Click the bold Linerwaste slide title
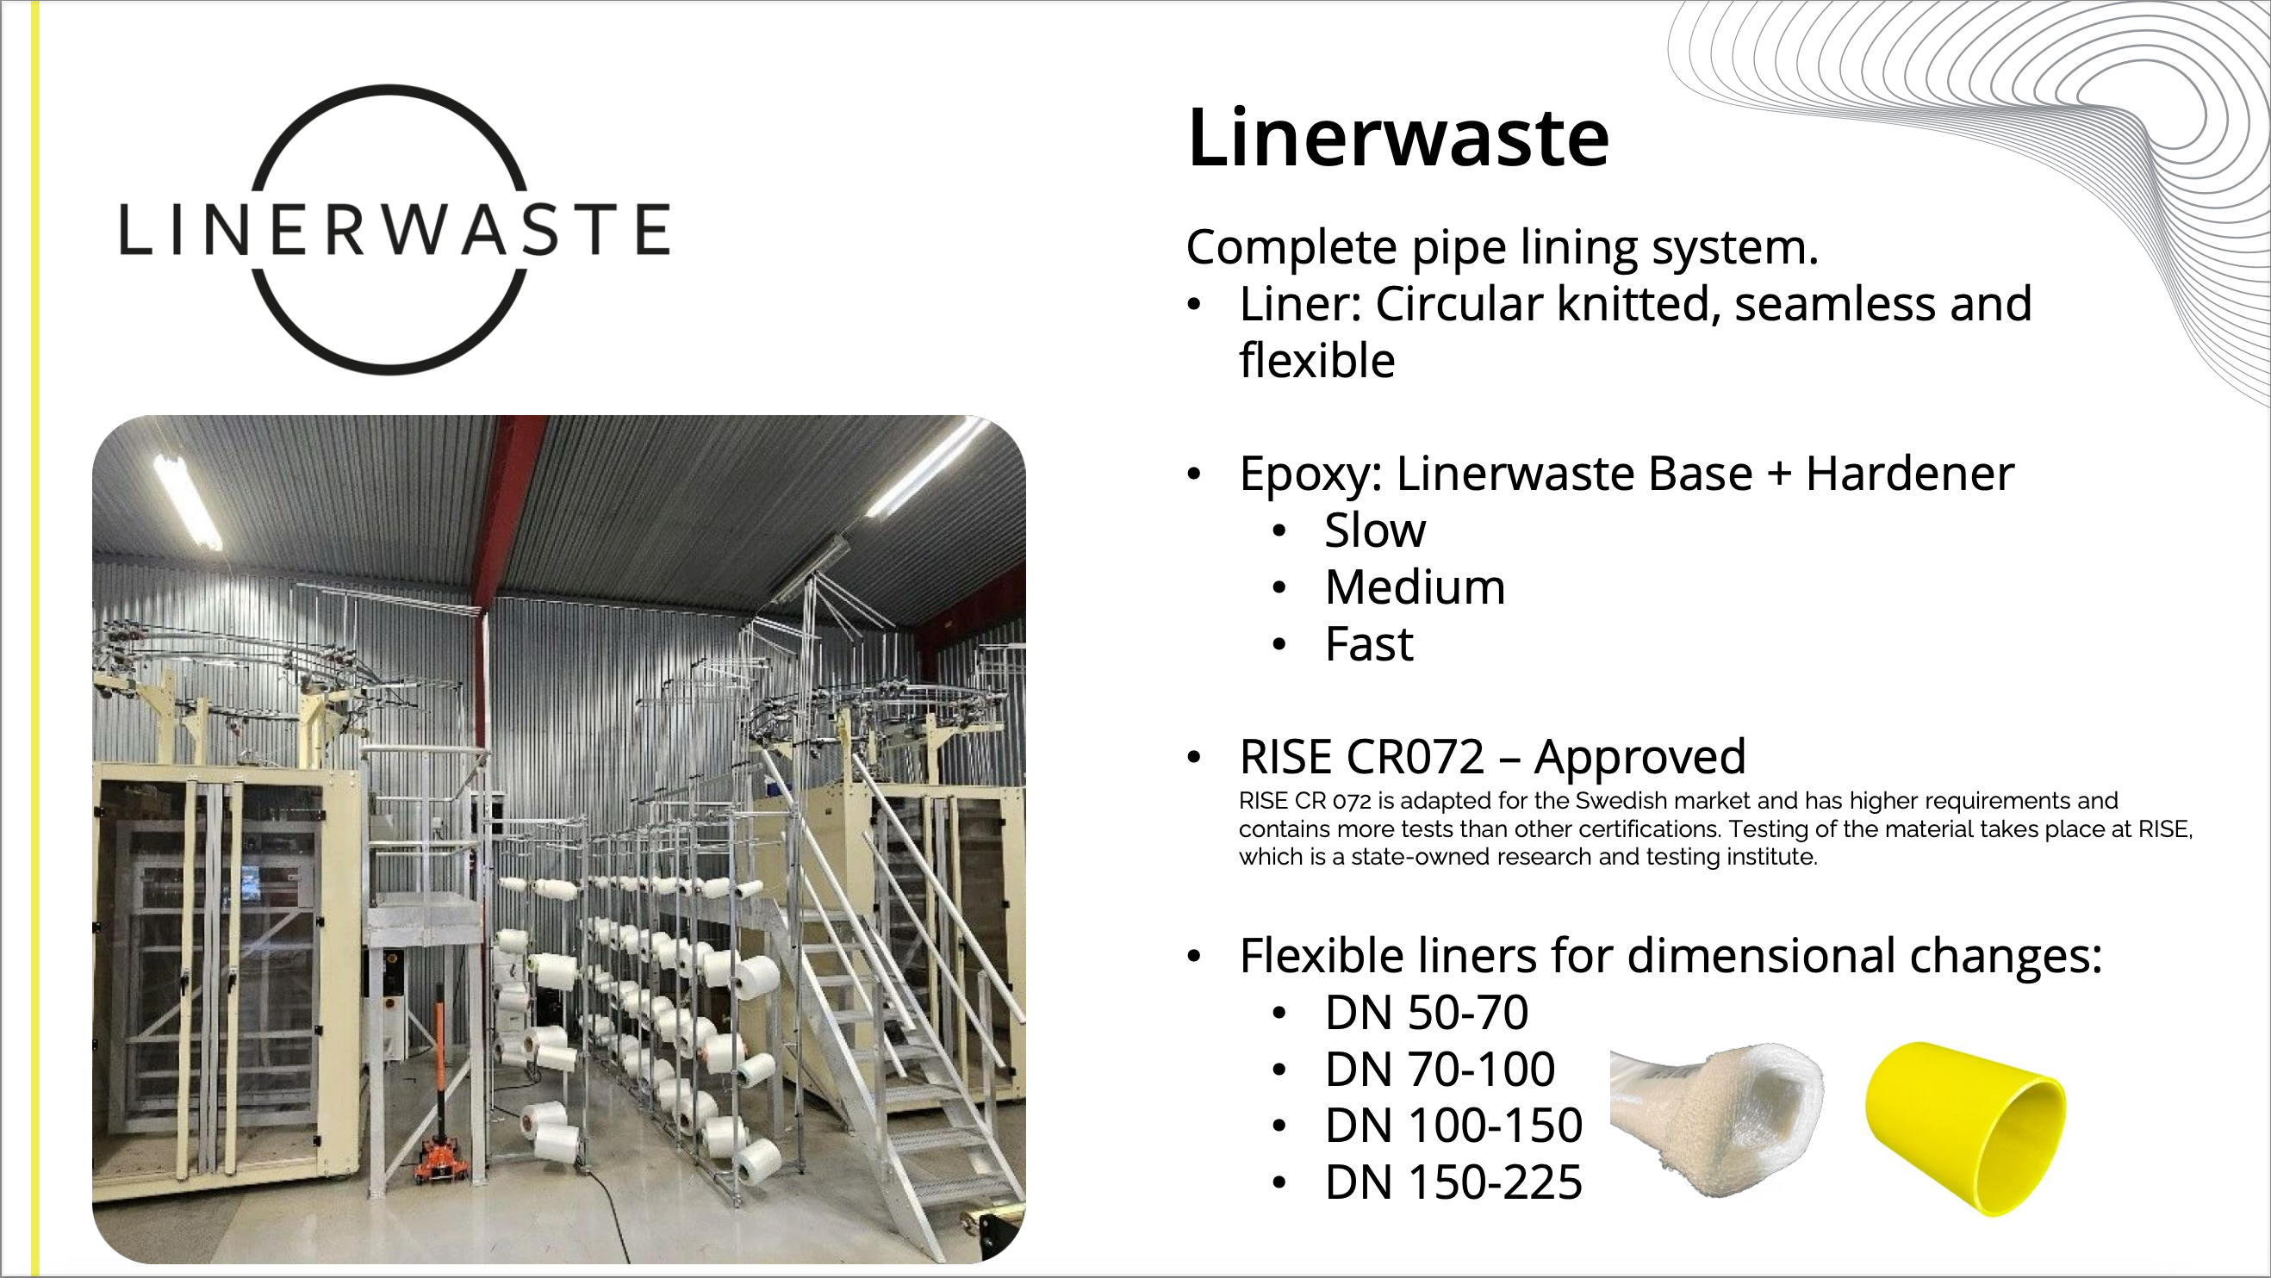pos(1398,138)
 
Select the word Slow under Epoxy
pos(1374,530)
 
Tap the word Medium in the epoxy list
pos(1415,587)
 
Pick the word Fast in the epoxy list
pos(1369,643)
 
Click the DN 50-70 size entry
pos(1427,1012)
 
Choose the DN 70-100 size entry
pos(1440,1068)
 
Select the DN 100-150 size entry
pos(1453,1125)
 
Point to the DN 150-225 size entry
pos(1453,1182)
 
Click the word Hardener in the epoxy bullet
pos(1909,474)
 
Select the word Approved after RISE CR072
pos(1639,756)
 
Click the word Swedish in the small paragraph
pos(1623,800)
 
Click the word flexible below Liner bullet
pos(1317,361)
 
